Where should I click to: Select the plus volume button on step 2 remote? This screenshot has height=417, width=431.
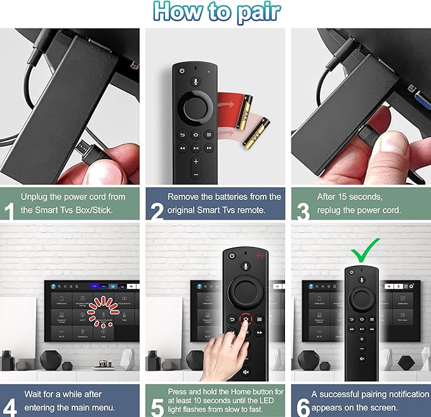coord(196,161)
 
